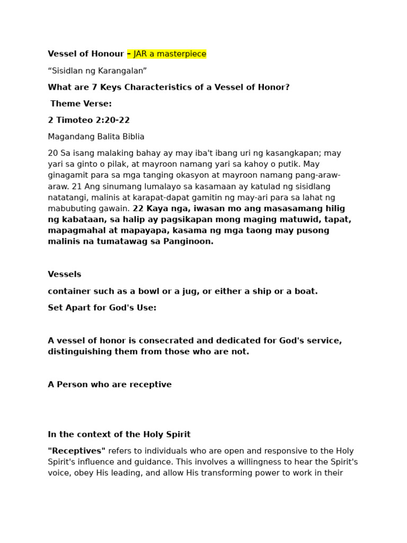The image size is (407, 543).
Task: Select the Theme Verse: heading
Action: tap(81, 104)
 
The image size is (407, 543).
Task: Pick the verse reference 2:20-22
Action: tap(109, 120)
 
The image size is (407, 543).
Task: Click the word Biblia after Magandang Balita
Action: tap(132, 137)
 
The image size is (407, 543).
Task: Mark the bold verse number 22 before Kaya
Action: tap(138, 208)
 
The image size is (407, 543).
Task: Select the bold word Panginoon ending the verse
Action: tap(190, 241)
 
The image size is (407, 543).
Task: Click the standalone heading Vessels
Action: tap(65, 275)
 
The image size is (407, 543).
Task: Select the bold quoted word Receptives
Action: tap(77, 451)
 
